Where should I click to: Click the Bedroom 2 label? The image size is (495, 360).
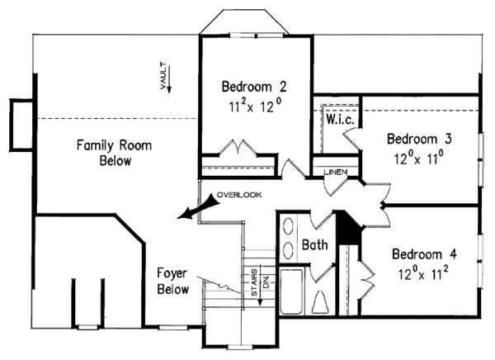coord(252,86)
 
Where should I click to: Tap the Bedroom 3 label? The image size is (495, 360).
coord(419,138)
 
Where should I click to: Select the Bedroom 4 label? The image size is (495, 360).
coord(423,253)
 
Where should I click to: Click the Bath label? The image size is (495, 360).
coord(315,246)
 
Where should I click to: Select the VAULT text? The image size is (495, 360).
coord(164,73)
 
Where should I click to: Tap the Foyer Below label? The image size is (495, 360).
coord(174,281)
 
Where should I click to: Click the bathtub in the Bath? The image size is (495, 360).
coord(293,293)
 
